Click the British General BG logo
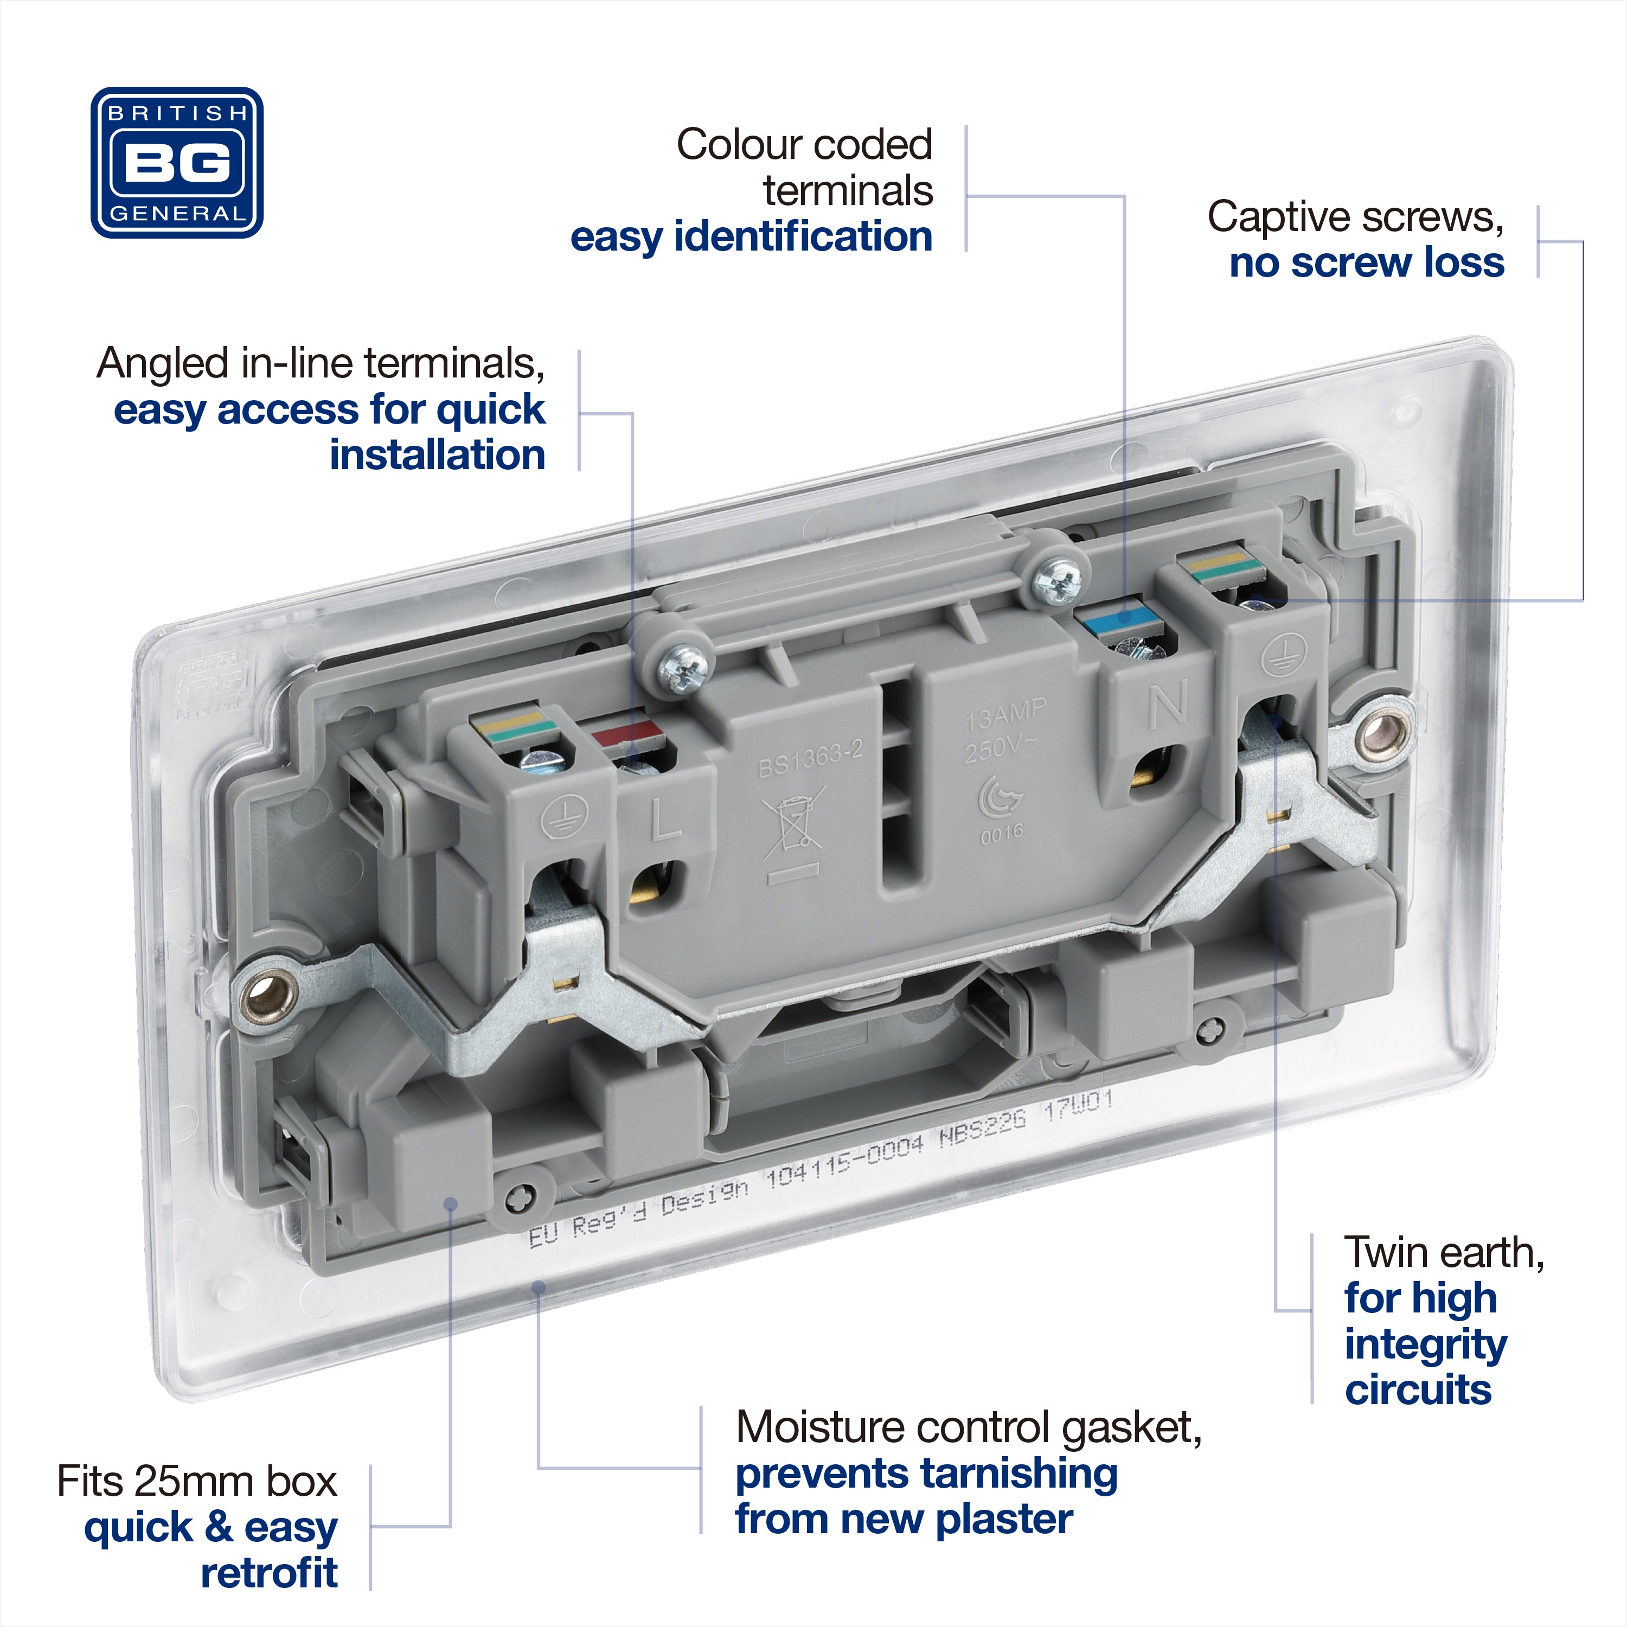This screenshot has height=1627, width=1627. pos(177,163)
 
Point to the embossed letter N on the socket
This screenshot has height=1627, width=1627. pos(1168,703)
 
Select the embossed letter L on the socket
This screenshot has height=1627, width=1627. pos(665,818)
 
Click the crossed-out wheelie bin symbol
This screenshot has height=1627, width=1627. pos(792,826)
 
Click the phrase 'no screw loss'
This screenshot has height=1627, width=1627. pos(1366,262)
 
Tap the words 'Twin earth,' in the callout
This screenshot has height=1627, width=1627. pos(1443,1252)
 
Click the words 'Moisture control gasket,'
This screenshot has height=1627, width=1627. pos(969,1426)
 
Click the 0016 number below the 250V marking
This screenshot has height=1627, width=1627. pos(1001,833)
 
